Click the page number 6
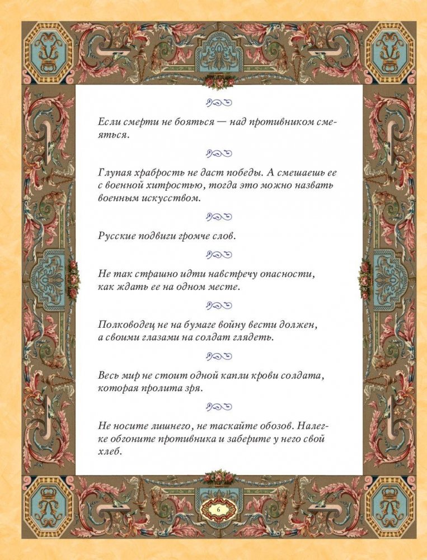tap(219, 509)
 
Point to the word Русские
tap(115, 236)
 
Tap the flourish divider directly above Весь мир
tap(219, 355)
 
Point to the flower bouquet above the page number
tap(218, 477)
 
